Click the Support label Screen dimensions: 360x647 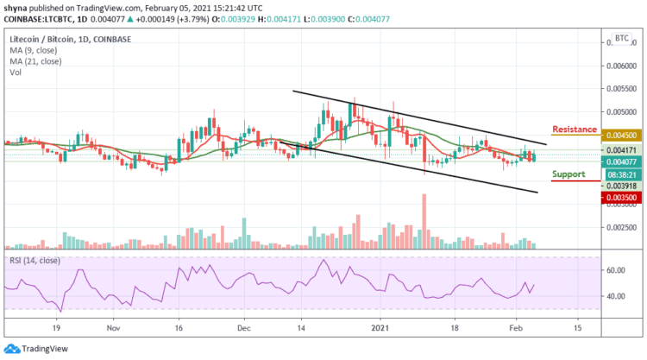point(568,174)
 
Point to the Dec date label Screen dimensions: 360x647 point(244,329)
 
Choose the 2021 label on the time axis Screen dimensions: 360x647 point(381,329)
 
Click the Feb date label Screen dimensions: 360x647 point(516,329)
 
